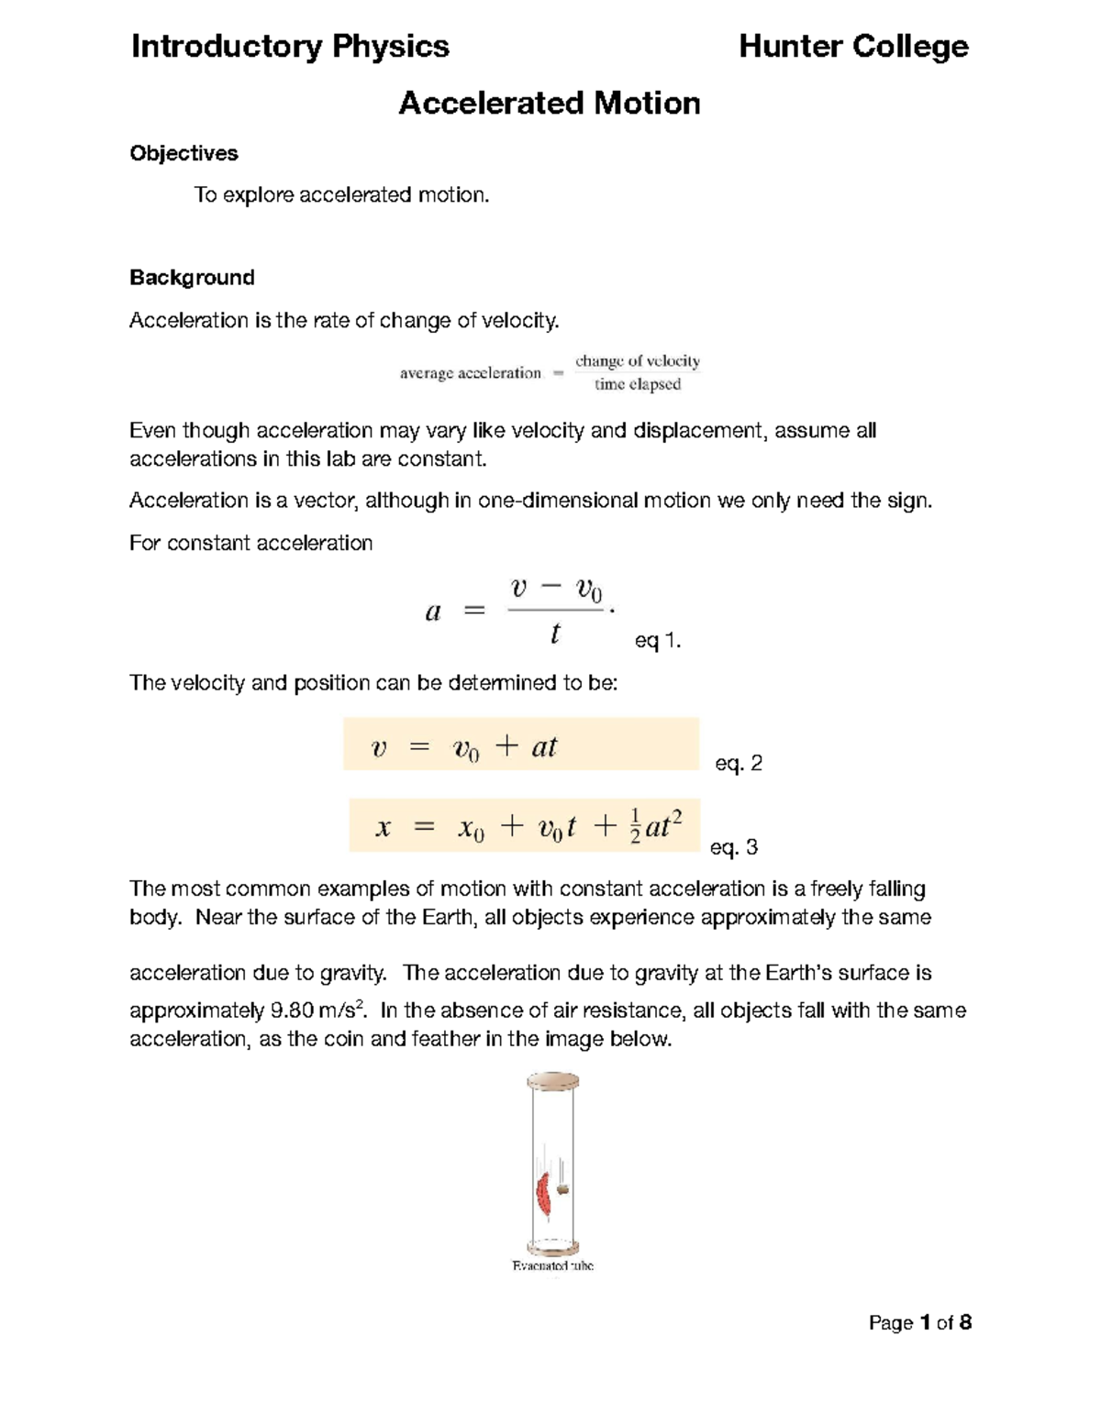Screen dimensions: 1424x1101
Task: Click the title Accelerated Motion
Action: [x=549, y=103]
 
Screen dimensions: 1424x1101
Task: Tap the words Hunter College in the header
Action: [x=853, y=46]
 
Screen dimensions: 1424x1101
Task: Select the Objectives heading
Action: [x=183, y=153]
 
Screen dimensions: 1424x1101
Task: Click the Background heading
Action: [x=192, y=277]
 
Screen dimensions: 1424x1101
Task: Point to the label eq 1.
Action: [x=657, y=641]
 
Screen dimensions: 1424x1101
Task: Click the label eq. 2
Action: [x=738, y=763]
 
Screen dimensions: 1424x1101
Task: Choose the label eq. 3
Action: [x=734, y=847]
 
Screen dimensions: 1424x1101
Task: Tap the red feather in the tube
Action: [x=543, y=1194]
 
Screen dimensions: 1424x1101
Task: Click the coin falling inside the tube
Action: [x=563, y=1189]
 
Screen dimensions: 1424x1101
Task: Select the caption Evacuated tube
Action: [x=552, y=1265]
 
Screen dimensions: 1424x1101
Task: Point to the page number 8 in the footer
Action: [x=964, y=1322]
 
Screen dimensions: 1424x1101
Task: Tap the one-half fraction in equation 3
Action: [x=635, y=826]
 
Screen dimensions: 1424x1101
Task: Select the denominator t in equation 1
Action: [x=555, y=634]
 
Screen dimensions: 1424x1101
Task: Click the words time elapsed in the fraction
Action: [x=638, y=384]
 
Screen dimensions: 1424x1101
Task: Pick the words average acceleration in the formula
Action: [x=470, y=373]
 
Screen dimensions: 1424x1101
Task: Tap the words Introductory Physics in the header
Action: [x=290, y=46]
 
